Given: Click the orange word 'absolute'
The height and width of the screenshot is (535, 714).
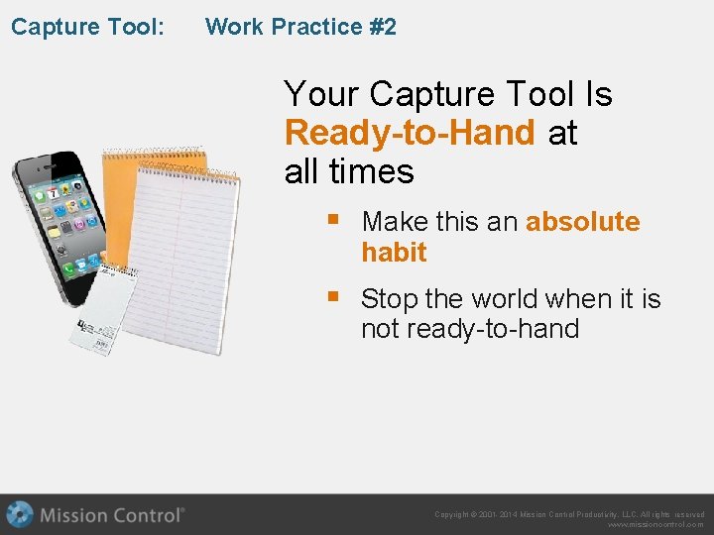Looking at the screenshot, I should [582, 222].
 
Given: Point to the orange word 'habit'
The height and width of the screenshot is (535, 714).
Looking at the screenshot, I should [394, 253].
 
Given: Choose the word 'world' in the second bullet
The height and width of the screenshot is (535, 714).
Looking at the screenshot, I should [523, 299].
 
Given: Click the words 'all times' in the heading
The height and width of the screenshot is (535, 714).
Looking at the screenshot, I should [348, 171].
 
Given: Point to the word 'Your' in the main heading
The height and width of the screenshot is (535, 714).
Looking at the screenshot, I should [321, 95].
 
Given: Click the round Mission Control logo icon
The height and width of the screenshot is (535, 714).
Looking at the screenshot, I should [20, 515].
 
